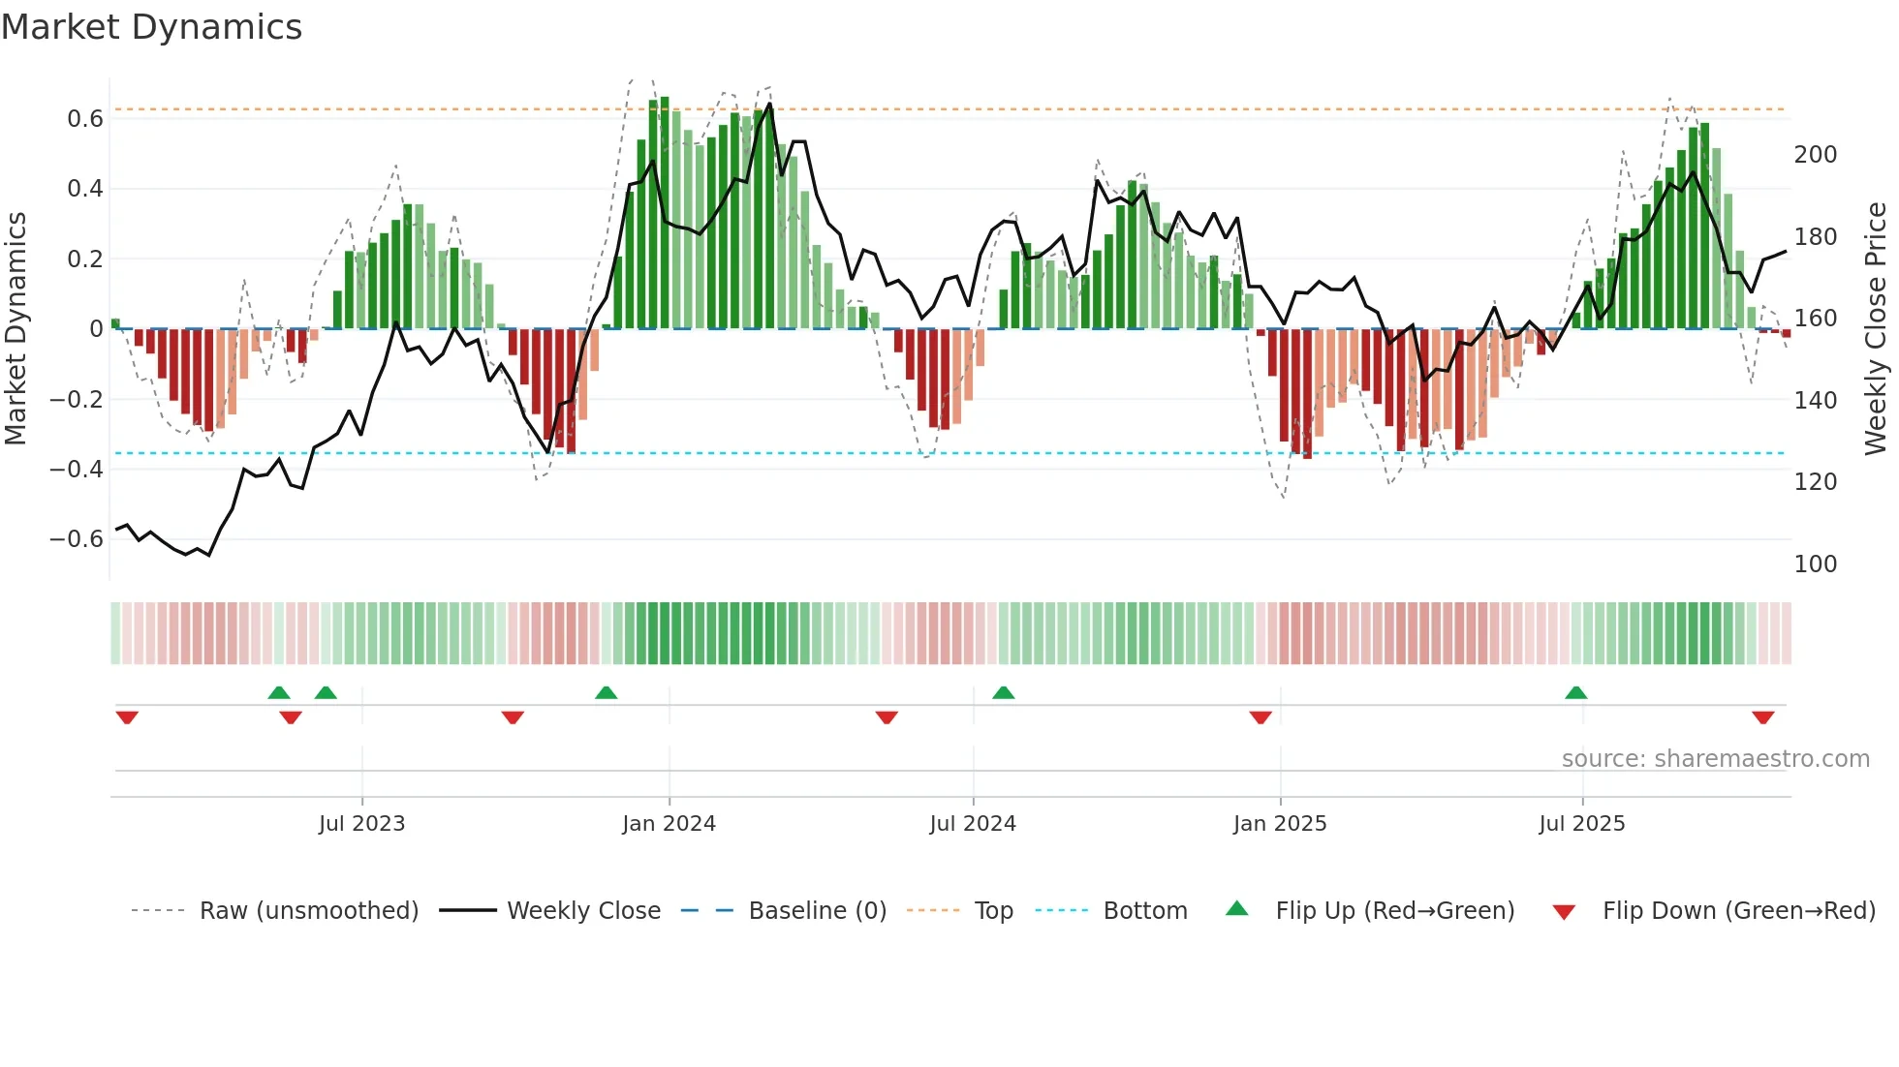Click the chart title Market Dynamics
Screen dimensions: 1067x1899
(151, 27)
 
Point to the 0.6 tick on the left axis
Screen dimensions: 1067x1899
(84, 119)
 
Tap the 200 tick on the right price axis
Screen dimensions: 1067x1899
(1815, 155)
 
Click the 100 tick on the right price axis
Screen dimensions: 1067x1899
(1815, 564)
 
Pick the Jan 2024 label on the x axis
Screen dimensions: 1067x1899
(669, 824)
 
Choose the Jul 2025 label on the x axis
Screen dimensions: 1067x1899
(1581, 824)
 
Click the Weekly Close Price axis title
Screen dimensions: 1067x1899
(1876, 328)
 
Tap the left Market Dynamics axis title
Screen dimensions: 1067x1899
(16, 328)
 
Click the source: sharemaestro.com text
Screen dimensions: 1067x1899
(1715, 759)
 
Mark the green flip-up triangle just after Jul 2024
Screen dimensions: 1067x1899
(1003, 693)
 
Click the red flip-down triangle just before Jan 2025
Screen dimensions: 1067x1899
(1260, 717)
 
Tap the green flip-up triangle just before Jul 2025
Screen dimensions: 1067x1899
(1575, 693)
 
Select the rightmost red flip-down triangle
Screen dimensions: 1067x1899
(1762, 717)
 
